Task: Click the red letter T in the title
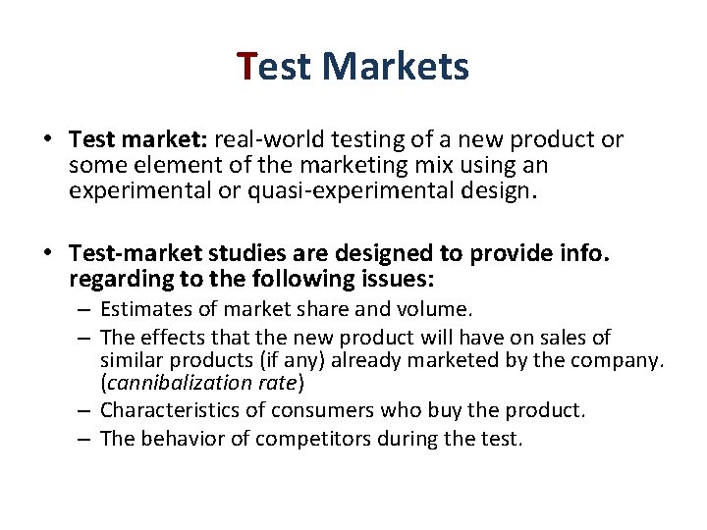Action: click(x=247, y=67)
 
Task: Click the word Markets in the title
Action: click(x=395, y=67)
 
